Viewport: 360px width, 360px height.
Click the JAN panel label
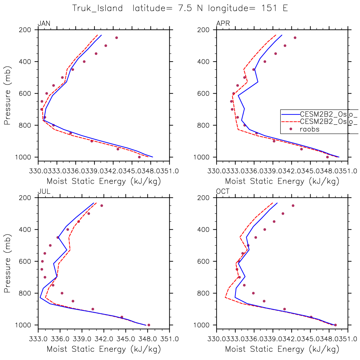coord(44,24)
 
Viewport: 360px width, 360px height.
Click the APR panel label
coord(223,24)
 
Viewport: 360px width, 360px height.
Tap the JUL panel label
coord(44,192)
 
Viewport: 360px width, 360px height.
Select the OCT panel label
coord(223,192)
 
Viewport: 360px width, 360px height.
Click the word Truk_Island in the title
coord(97,8)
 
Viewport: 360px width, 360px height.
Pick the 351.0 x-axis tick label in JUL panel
coord(169,339)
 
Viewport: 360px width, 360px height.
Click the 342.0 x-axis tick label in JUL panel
coord(104,339)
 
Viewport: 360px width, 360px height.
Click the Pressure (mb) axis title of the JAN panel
coord(8,95)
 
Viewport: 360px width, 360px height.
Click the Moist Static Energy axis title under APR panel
coord(282,181)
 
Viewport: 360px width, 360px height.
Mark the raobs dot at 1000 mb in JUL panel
coord(149,325)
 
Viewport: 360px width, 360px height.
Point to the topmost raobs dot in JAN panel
coord(116,38)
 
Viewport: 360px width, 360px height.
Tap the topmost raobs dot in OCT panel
coord(293,206)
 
